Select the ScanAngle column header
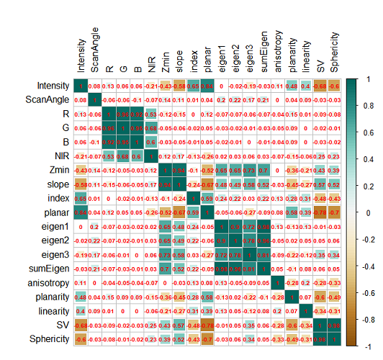click(x=95, y=50)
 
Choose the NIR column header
click(x=151, y=65)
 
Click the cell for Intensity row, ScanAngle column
click(x=95, y=86)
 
